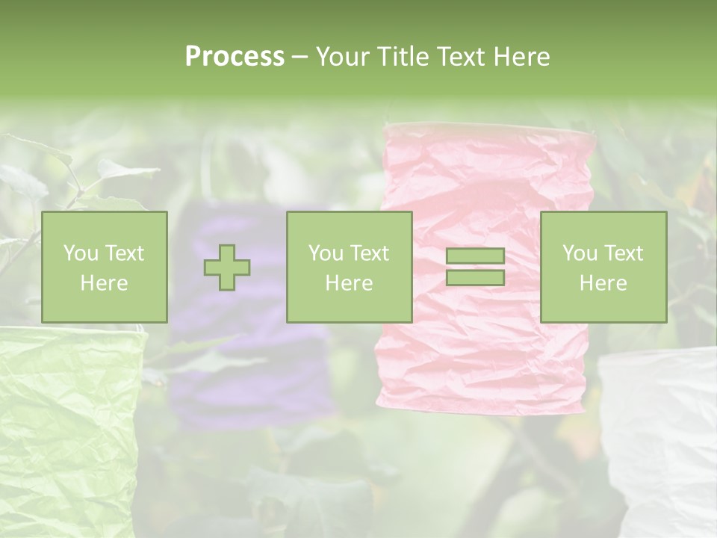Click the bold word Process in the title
click(x=235, y=57)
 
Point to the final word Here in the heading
click(x=521, y=57)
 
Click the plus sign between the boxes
click(x=228, y=268)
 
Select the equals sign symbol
click(x=475, y=267)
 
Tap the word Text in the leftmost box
click(x=125, y=253)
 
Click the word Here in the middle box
click(x=349, y=283)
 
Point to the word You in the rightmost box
click(x=580, y=253)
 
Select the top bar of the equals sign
click(x=475, y=256)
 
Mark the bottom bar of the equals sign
click(x=475, y=277)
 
